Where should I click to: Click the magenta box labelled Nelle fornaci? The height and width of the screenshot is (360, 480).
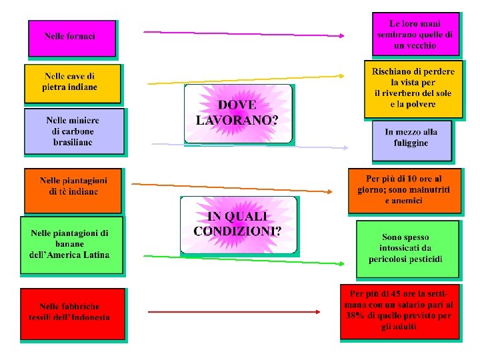point(71,38)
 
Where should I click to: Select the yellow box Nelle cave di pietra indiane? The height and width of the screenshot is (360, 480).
point(73,83)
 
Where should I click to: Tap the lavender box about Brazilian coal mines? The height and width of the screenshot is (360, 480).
point(73,131)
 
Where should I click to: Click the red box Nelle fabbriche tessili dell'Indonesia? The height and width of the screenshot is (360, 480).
point(73,313)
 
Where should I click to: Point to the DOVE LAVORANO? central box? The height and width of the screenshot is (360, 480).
point(237,113)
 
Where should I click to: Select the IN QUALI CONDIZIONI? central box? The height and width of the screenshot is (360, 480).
point(238,225)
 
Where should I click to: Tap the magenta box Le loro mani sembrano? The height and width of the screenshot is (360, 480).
point(415,33)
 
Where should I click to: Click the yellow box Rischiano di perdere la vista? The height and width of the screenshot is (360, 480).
point(413,88)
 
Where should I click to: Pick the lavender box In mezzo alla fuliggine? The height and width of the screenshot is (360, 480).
point(411,139)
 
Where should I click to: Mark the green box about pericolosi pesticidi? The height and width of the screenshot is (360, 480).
point(407,248)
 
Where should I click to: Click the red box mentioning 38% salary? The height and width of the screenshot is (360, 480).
point(399,311)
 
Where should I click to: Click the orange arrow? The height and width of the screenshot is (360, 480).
point(231,187)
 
